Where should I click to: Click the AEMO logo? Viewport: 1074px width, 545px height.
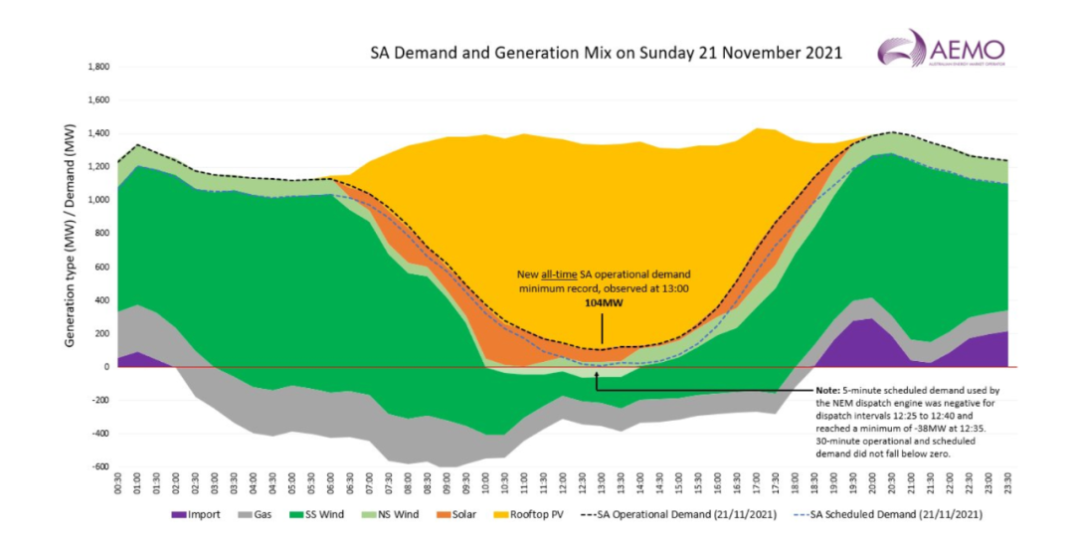tap(941, 49)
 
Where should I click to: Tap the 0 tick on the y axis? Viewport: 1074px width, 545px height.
tap(106, 366)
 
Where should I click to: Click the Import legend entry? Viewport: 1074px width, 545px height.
tap(196, 515)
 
